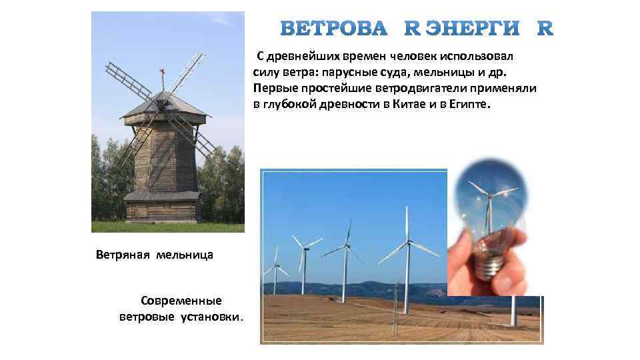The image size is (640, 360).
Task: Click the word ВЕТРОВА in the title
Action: point(333,29)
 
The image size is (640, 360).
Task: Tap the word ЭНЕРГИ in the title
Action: point(473,29)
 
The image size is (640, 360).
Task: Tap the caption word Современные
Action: point(181,301)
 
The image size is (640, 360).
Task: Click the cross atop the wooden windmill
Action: point(161,73)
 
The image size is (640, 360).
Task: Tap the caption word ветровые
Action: point(147,317)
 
